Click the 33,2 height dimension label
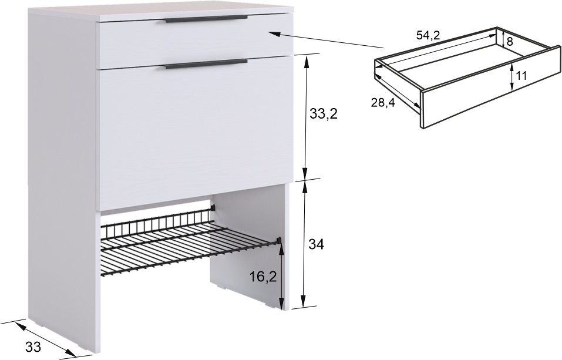click(324, 114)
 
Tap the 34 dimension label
click(316, 244)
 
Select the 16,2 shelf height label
click(264, 277)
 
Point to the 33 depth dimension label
click(33, 346)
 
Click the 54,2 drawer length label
click(428, 35)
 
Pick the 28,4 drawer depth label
click(383, 103)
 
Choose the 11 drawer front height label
click(521, 76)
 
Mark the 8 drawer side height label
click(510, 42)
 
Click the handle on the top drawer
click(207, 19)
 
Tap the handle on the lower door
click(207, 64)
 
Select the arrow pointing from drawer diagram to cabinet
click(326, 40)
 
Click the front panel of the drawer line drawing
click(490, 87)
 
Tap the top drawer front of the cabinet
click(196, 40)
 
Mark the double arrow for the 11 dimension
click(512, 77)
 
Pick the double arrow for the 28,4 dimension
click(397, 90)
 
